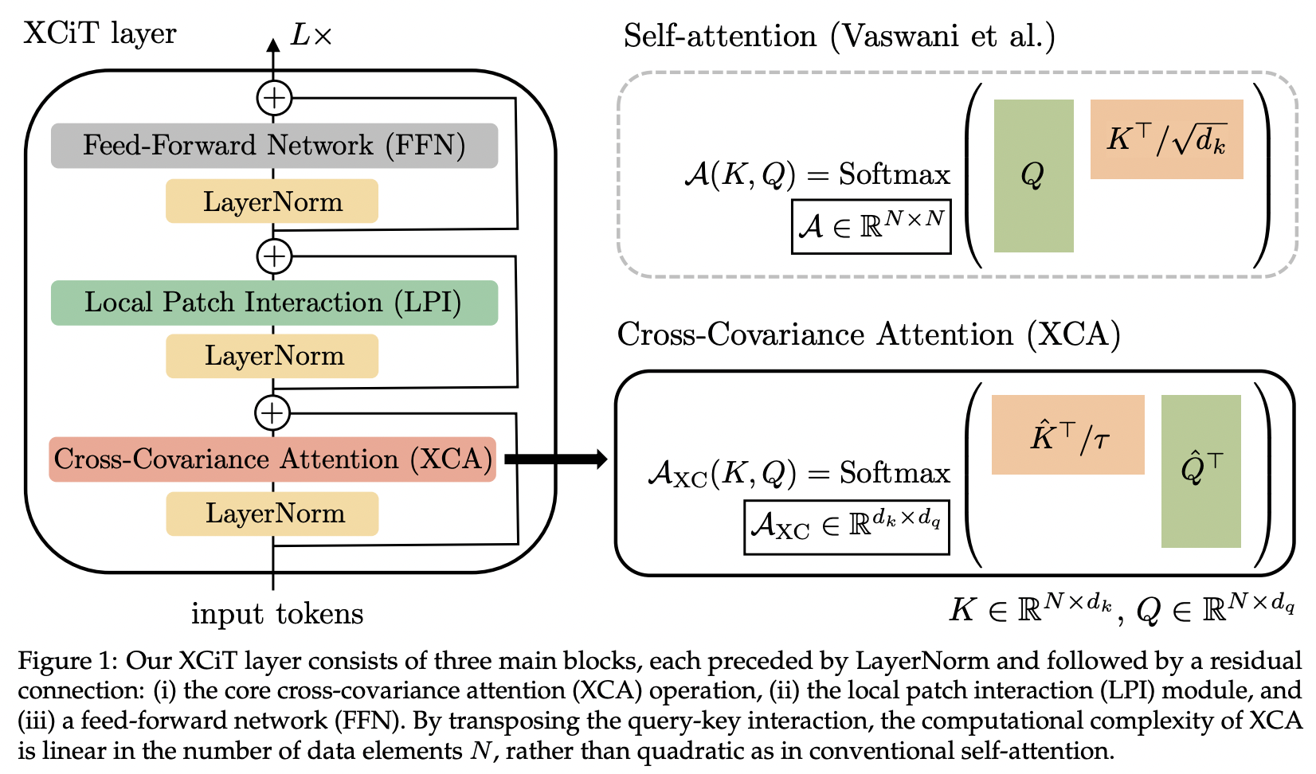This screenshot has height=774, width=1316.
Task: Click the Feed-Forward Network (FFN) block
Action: (274, 146)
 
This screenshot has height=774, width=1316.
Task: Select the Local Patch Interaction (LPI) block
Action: (274, 303)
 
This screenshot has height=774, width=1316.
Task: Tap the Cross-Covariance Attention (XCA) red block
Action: (272, 459)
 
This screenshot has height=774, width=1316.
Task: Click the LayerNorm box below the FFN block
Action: (272, 201)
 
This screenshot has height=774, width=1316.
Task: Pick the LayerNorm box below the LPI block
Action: (272, 356)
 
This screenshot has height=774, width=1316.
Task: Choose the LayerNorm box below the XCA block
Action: (272, 514)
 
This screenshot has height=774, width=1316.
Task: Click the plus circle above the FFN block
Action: (274, 98)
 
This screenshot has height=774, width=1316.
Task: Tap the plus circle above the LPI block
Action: (274, 256)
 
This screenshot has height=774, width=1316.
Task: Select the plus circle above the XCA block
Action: (272, 412)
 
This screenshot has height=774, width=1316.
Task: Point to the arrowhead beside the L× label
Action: (273, 45)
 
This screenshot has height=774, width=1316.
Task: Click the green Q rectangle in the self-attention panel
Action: (1033, 176)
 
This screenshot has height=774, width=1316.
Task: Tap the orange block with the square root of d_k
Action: (1166, 139)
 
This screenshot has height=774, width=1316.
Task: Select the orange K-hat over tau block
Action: (1067, 435)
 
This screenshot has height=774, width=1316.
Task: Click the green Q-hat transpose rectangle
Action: (1200, 471)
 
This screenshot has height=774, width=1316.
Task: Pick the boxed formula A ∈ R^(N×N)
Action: (871, 227)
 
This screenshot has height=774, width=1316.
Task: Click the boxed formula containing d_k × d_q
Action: (846, 526)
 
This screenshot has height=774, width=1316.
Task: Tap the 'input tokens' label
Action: (277, 614)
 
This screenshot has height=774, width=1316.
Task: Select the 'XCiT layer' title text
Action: (100, 33)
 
